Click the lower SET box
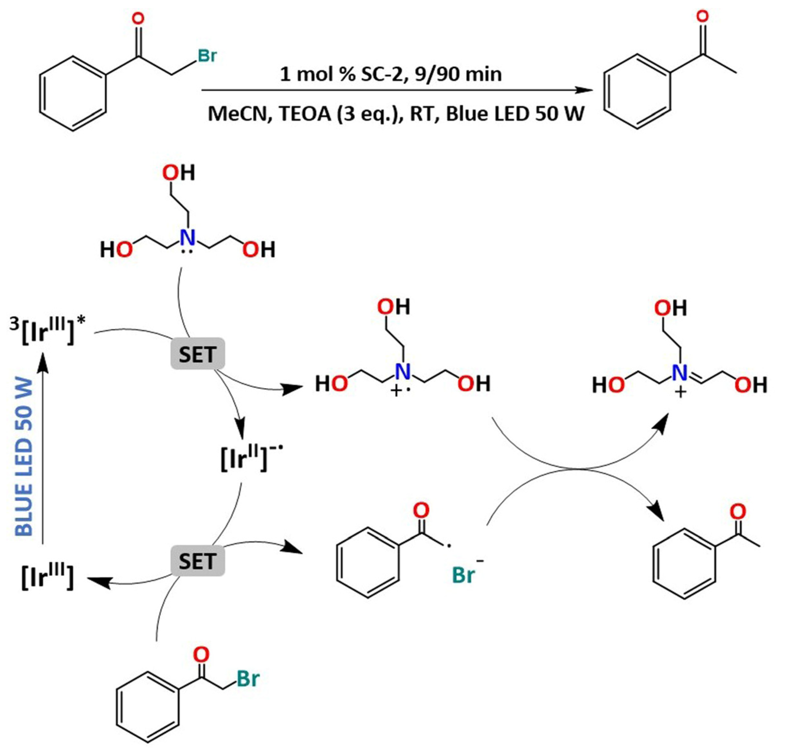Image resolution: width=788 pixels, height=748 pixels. coord(197,561)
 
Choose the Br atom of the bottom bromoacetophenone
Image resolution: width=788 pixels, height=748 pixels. coord(248,678)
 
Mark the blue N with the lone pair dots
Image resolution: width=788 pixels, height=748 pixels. coord(188,238)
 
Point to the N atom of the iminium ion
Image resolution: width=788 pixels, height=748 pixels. coord(679,373)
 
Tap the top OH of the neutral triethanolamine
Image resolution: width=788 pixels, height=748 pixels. coord(178,173)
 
